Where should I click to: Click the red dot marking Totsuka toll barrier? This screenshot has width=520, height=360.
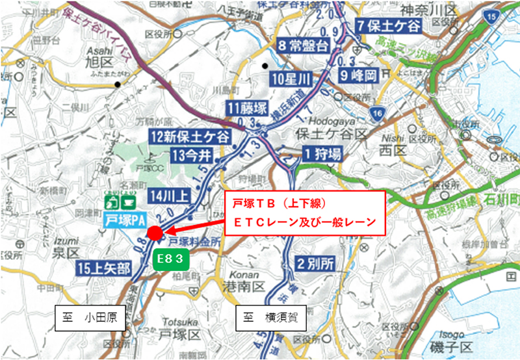(155, 233)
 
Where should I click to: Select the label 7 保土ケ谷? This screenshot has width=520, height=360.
(389, 27)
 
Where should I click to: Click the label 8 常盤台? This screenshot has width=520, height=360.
(304, 45)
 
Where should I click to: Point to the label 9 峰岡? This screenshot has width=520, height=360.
(358, 75)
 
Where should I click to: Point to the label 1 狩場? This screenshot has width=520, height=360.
(321, 154)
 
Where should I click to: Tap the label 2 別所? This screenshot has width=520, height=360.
(316, 264)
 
